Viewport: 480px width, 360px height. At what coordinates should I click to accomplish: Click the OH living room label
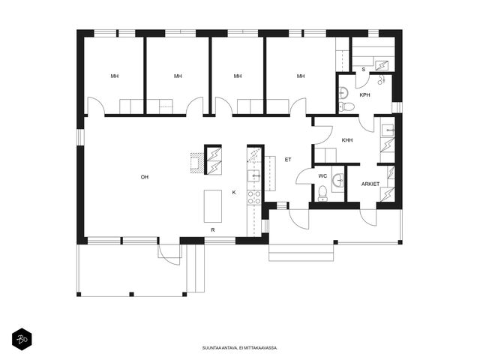point(145,177)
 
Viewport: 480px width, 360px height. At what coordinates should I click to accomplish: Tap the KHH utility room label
point(347,140)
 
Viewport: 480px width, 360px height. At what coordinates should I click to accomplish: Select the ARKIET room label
point(370,184)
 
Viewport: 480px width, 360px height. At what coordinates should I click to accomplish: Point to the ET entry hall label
point(288,160)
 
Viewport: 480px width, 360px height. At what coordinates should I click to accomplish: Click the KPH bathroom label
point(364,95)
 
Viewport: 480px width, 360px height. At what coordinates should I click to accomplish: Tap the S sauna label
point(363,70)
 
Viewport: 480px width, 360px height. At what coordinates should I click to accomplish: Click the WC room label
point(322,176)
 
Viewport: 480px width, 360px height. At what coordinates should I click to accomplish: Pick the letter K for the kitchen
point(234,192)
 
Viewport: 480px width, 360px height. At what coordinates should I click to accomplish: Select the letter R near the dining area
point(213,230)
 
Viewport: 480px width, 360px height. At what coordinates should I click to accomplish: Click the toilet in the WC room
point(322,193)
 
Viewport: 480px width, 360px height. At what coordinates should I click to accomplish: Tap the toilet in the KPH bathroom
point(347,106)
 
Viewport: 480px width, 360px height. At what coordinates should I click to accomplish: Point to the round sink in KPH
point(343,92)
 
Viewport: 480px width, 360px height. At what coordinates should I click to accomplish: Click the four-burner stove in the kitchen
point(254,197)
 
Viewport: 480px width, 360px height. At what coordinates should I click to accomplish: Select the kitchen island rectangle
point(213,206)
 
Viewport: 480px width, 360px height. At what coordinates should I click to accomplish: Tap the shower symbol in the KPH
point(381,79)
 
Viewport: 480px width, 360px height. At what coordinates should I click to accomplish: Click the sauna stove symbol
point(382,65)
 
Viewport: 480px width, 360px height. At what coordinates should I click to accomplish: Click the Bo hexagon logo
point(22,339)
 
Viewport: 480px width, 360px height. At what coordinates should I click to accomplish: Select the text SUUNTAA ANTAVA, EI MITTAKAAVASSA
point(240,348)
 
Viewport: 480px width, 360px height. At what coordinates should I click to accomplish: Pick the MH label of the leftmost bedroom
point(115,76)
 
